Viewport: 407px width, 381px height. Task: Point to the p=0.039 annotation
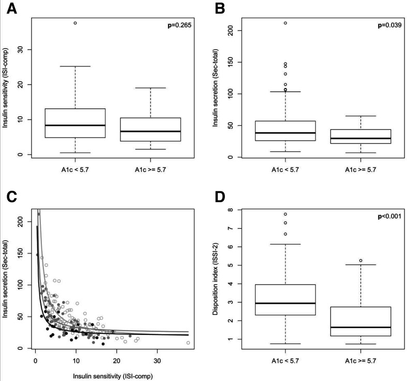tap(386, 25)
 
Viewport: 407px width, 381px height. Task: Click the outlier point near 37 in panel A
tap(76, 23)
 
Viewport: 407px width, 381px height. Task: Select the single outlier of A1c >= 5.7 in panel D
tap(360, 261)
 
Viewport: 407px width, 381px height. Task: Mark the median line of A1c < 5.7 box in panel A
tap(76, 125)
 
